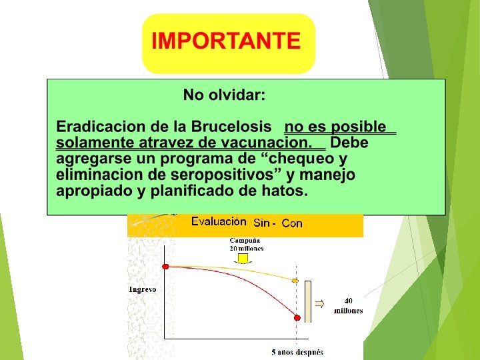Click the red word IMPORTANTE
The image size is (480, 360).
(x=226, y=41)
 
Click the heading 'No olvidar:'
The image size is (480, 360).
(x=224, y=95)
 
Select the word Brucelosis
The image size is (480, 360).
(x=231, y=127)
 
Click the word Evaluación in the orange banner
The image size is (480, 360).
(x=219, y=221)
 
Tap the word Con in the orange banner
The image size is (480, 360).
(x=292, y=223)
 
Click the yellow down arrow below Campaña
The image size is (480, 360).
(x=243, y=259)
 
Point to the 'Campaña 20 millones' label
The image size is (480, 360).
(x=247, y=244)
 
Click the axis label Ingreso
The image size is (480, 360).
(x=143, y=289)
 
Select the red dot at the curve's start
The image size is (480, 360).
(x=165, y=267)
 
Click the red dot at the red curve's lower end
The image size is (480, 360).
(x=297, y=318)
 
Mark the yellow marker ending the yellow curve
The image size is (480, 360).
(x=295, y=281)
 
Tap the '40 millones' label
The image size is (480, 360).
(x=348, y=305)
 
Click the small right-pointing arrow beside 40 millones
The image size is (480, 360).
(x=319, y=304)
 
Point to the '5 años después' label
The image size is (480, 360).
(x=297, y=353)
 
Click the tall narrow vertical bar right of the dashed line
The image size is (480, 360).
(x=308, y=302)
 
